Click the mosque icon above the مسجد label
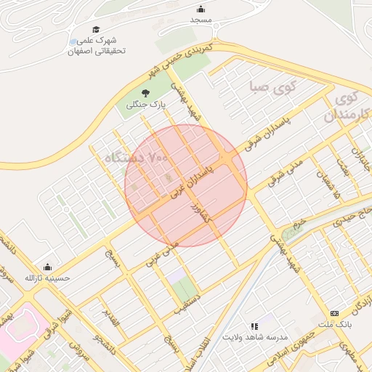pos(201,9)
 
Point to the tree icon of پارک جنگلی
pos(145,93)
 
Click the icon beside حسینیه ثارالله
pos(48,267)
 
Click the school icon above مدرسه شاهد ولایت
pos(254,327)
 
